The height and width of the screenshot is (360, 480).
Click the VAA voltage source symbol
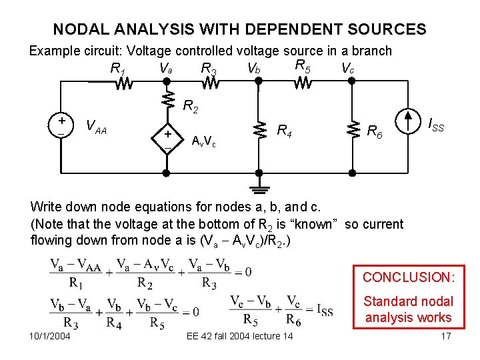tap(61, 127)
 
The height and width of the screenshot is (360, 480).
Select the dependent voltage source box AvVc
tap(168, 138)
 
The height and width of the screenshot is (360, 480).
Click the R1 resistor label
tap(119, 68)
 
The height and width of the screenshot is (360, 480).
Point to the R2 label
tap(191, 106)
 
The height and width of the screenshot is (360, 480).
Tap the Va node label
tap(166, 67)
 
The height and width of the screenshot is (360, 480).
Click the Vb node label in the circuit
tap(253, 68)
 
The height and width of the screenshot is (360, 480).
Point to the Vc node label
tap(347, 68)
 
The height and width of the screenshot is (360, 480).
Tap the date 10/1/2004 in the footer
tap(51, 335)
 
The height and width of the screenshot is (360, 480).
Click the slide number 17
tap(445, 335)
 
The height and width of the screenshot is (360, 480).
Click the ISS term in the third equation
tap(323, 311)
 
